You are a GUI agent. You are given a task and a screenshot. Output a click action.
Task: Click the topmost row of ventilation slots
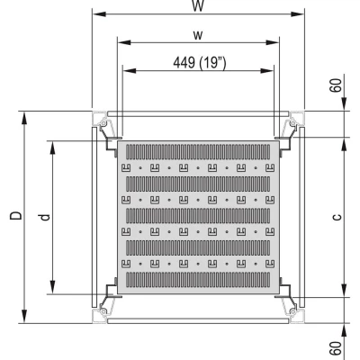(x=197, y=152)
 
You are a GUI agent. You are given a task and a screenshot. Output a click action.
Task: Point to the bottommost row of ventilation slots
(x=197, y=278)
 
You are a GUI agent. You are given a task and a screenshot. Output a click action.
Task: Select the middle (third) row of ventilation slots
(x=197, y=215)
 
